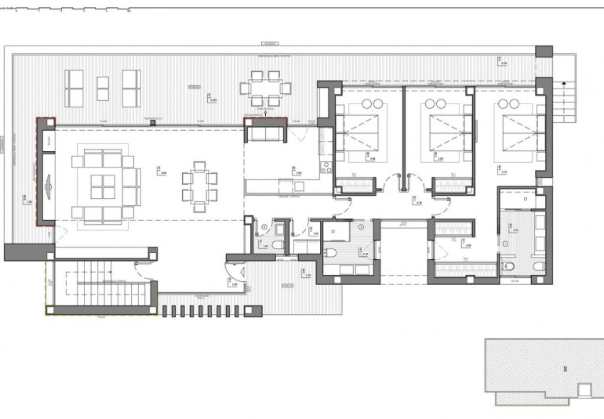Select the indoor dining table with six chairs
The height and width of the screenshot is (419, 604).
(x=198, y=186)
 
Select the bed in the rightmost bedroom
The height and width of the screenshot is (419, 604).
(x=514, y=128)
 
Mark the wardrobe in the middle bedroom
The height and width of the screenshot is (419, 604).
(x=452, y=185)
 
